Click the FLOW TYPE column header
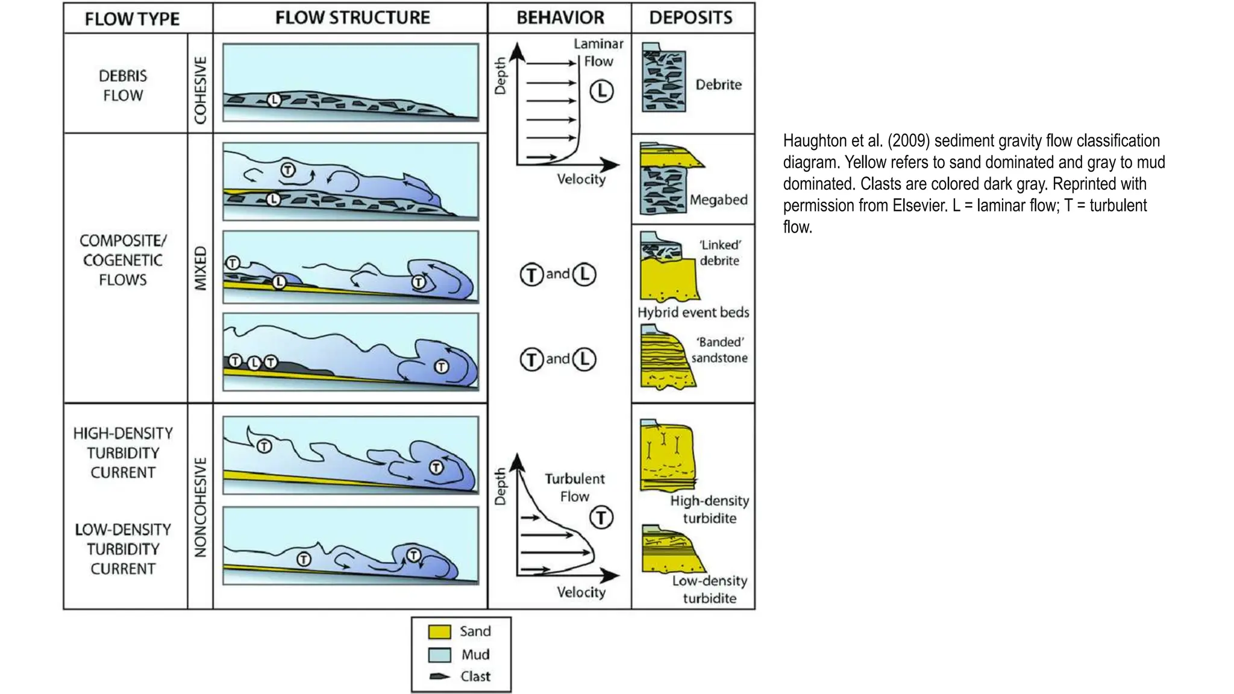click(x=132, y=19)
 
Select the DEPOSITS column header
click(x=691, y=17)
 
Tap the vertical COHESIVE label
click(x=200, y=90)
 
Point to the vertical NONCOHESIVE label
click(x=200, y=507)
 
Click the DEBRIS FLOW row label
click(x=123, y=86)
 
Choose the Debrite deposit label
click(x=718, y=84)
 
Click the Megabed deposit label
click(x=718, y=199)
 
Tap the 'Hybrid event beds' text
click(x=693, y=312)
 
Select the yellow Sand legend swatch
click(x=439, y=631)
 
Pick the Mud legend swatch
click(x=439, y=655)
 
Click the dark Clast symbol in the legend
click(x=440, y=677)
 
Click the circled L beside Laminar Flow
click(x=601, y=92)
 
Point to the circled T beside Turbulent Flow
click(x=601, y=517)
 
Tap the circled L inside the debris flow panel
click(x=274, y=100)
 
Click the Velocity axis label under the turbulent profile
click(x=581, y=592)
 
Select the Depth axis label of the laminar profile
click(x=500, y=76)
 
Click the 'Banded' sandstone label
click(x=719, y=350)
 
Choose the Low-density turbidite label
click(x=709, y=589)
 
